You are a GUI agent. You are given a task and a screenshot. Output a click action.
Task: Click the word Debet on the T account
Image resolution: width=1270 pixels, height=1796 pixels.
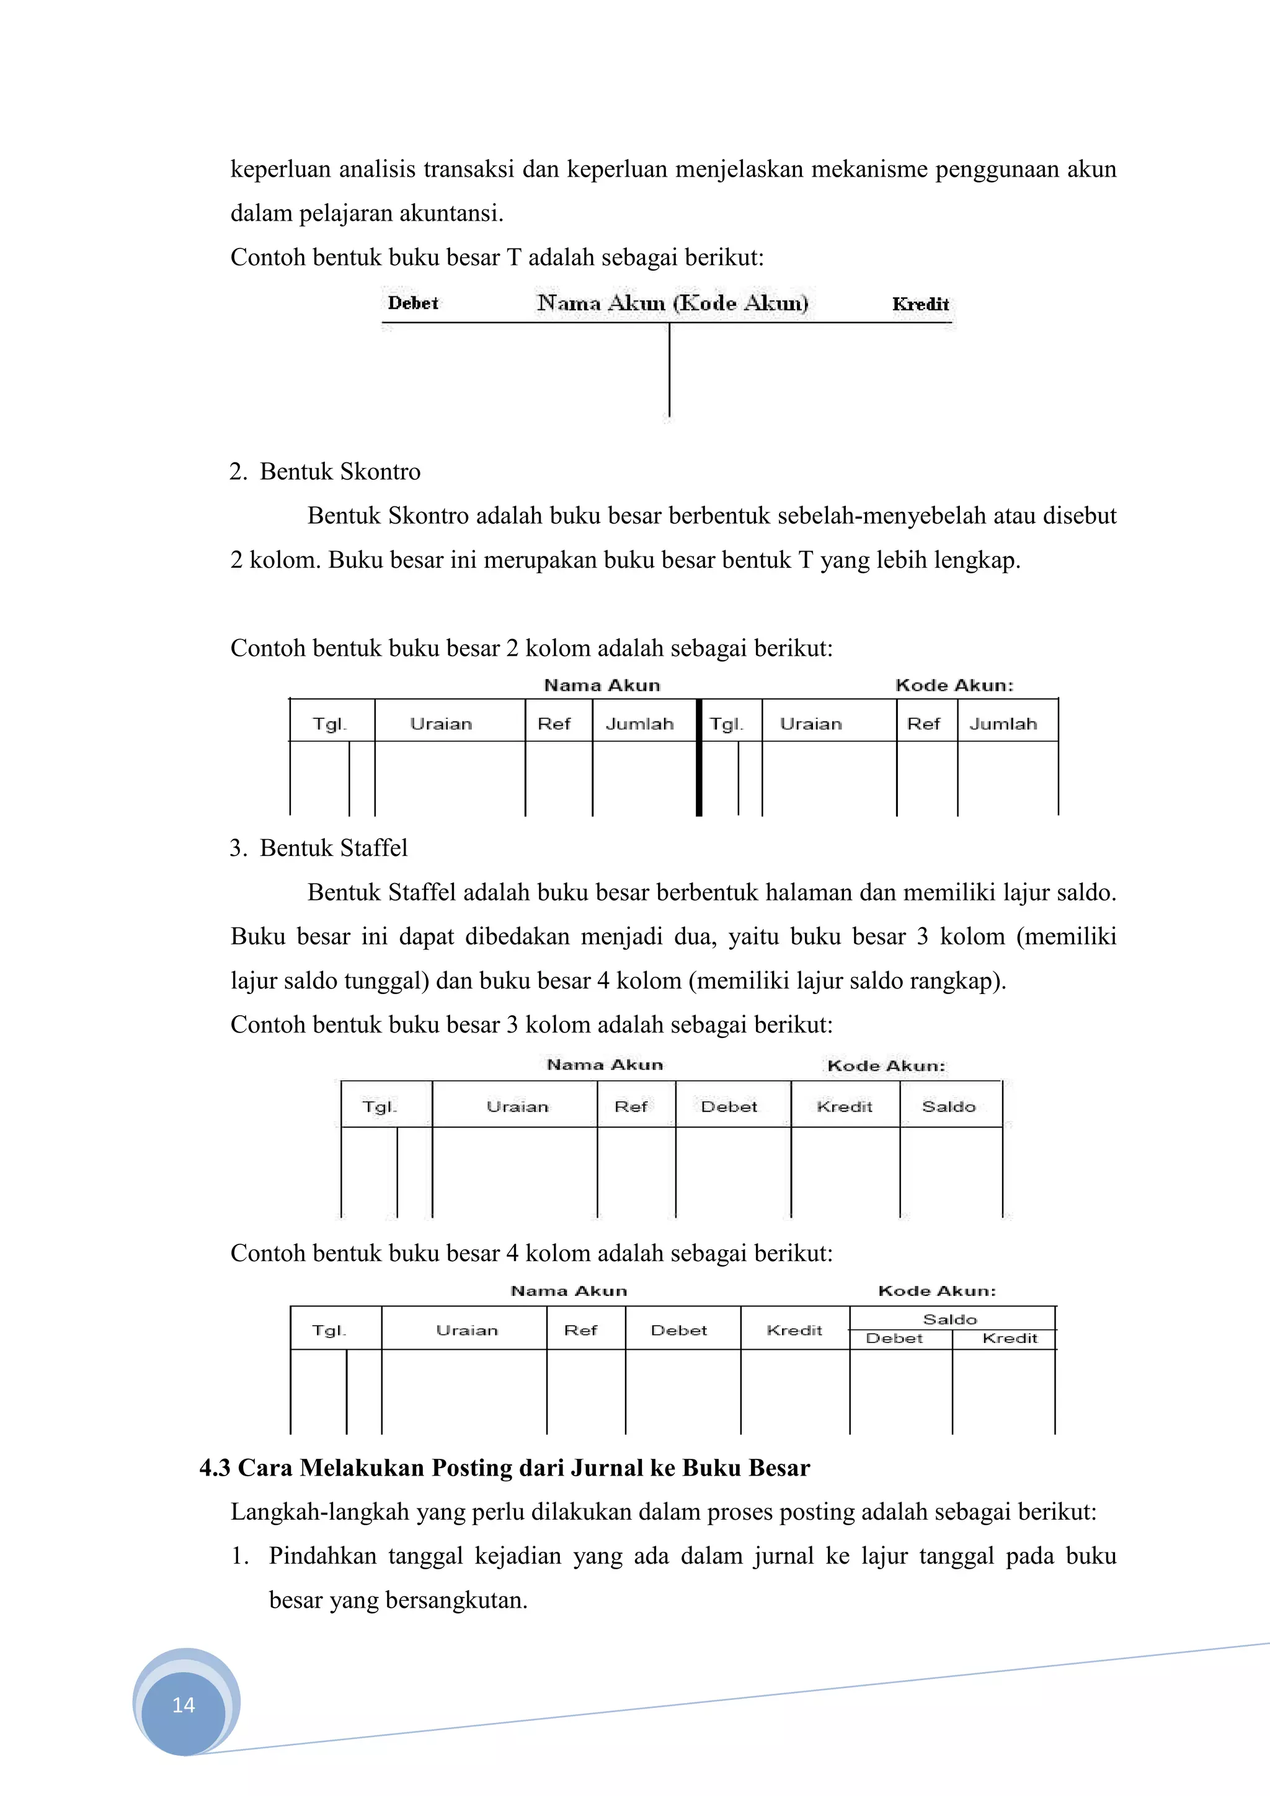tap(413, 304)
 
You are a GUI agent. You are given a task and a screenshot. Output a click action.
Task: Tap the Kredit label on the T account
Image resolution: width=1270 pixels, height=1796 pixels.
tap(920, 304)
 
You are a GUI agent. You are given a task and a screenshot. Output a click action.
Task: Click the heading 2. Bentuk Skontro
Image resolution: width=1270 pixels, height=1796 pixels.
tap(325, 472)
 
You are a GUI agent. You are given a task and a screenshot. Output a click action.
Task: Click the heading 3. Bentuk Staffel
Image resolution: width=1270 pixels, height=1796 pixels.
tap(319, 848)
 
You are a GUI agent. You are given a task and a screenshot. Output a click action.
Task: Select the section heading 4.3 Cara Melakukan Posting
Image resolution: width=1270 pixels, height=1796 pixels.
tap(504, 1468)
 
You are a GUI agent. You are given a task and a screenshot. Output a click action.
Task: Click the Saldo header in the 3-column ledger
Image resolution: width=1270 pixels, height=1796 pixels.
tap(948, 1106)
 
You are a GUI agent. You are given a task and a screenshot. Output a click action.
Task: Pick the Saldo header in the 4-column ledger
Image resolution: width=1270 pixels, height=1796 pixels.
tap(950, 1319)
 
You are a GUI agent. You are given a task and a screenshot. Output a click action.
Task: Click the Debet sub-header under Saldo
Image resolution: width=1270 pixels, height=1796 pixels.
tap(894, 1339)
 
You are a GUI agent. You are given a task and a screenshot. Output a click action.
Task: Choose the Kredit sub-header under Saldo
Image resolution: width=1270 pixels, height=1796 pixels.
tap(1010, 1339)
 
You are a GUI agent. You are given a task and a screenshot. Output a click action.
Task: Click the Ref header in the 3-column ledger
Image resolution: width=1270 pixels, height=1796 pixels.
tap(631, 1106)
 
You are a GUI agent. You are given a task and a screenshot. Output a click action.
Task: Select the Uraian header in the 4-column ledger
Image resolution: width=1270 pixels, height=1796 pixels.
tap(466, 1330)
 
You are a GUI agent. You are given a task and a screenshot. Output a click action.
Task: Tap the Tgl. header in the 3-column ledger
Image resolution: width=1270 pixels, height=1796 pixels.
tap(380, 1106)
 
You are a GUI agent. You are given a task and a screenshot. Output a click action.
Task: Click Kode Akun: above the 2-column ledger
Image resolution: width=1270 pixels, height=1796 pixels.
tap(954, 685)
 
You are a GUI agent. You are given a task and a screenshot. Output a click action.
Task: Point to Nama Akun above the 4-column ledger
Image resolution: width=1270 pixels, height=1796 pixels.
tap(569, 1291)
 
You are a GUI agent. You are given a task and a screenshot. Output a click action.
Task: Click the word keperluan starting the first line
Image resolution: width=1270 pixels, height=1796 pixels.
tap(280, 169)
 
